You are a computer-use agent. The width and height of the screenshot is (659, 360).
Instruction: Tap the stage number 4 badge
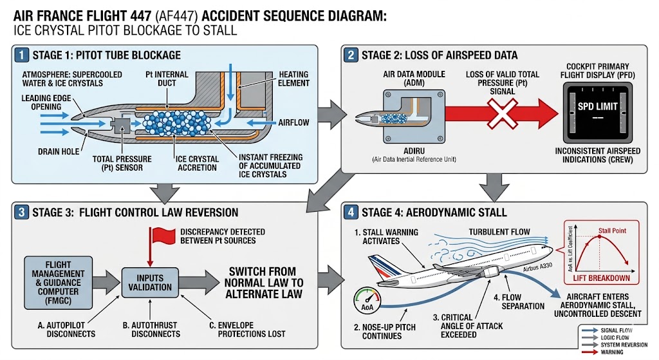pos(350,212)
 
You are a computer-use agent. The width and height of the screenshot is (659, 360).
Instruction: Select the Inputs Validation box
pos(149,282)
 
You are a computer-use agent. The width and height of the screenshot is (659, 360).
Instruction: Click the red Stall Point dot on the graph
pos(599,236)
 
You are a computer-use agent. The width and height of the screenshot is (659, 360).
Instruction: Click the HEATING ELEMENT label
pos(292,79)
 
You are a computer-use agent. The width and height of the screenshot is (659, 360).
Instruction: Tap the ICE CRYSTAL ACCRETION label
pos(197,164)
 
